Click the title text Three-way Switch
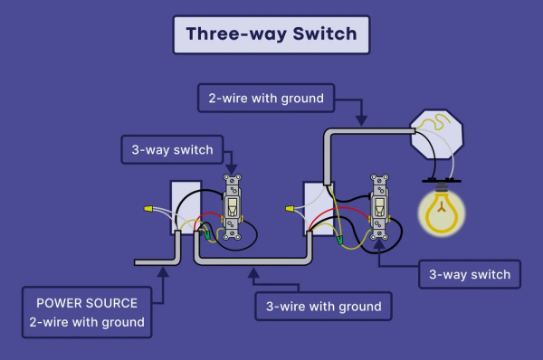271,34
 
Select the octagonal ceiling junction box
435,131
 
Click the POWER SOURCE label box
86,312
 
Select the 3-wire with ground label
323,307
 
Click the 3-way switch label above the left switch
172,149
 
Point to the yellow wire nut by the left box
148,210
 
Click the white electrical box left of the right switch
316,208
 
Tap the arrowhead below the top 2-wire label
362,118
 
